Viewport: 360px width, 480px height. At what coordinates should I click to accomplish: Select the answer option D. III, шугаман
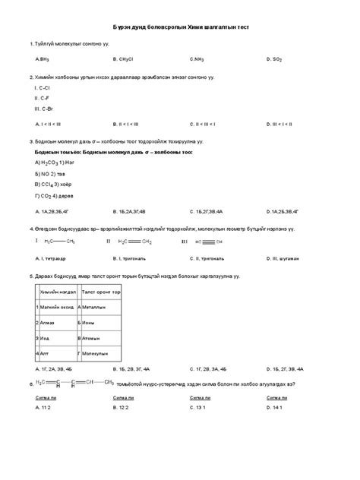[x=285, y=258]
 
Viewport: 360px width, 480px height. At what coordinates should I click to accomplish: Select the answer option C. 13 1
[x=197, y=408]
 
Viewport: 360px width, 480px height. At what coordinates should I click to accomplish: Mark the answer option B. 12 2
[x=121, y=408]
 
